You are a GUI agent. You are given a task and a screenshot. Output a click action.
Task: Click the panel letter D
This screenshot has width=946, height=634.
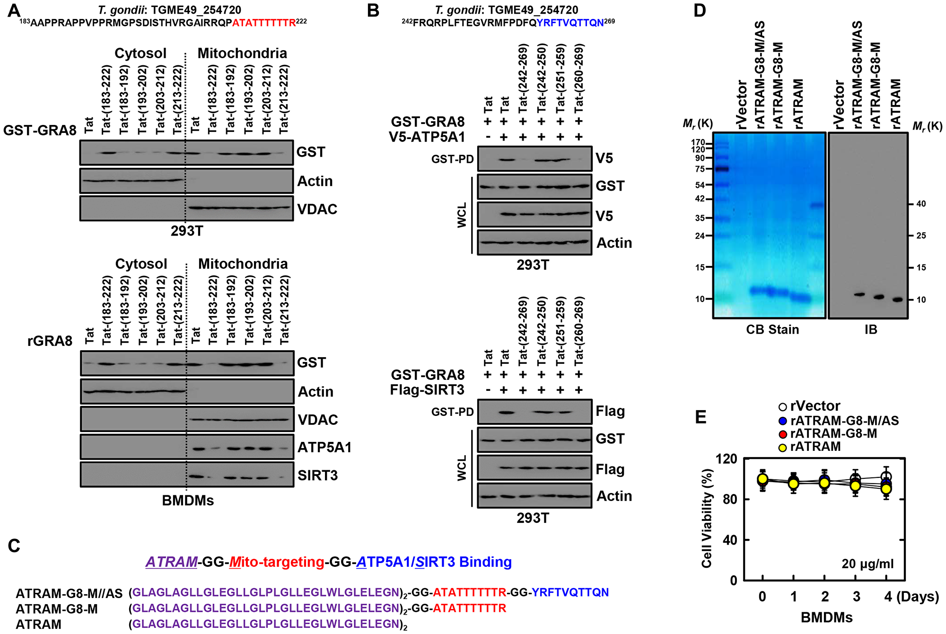[700, 10]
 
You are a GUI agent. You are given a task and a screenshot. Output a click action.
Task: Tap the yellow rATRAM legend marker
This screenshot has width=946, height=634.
[782, 448]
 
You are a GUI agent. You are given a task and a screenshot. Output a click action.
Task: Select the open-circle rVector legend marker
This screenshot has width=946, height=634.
[782, 407]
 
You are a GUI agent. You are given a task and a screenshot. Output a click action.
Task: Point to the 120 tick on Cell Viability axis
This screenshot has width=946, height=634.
[726, 459]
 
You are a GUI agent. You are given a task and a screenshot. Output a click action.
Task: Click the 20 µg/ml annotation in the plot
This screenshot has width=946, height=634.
[867, 564]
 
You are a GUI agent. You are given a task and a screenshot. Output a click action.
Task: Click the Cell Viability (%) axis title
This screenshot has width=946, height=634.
[707, 518]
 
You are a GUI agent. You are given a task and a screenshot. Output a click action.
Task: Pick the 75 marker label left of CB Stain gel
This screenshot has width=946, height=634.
[700, 169]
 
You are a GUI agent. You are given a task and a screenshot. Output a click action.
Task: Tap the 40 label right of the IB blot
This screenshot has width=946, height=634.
[921, 204]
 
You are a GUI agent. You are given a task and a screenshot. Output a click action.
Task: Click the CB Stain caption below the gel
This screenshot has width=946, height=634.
[772, 329]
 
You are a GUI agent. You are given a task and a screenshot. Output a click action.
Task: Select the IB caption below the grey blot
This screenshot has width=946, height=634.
[870, 329]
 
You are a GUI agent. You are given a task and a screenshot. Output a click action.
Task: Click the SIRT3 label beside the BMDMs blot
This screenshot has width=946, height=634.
[317, 475]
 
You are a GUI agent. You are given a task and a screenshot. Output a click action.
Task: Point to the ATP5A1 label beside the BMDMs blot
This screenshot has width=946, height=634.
[324, 447]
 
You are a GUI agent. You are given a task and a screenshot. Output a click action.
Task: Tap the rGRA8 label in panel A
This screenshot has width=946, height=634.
[50, 341]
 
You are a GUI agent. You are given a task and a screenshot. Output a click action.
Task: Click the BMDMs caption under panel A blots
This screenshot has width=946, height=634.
[188, 501]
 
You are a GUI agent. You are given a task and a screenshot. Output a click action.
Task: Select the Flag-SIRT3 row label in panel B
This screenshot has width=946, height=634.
[427, 390]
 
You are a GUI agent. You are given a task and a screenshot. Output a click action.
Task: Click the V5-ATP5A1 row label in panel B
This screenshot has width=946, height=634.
[427, 137]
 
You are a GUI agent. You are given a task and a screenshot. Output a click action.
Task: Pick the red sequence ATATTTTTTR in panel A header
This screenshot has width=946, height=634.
[263, 23]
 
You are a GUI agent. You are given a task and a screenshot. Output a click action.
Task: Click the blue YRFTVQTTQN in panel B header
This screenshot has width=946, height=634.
[570, 23]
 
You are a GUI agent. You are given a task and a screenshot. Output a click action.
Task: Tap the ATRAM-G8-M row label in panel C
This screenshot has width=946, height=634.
[56, 609]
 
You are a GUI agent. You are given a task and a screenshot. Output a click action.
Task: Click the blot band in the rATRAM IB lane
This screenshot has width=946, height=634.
[897, 299]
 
